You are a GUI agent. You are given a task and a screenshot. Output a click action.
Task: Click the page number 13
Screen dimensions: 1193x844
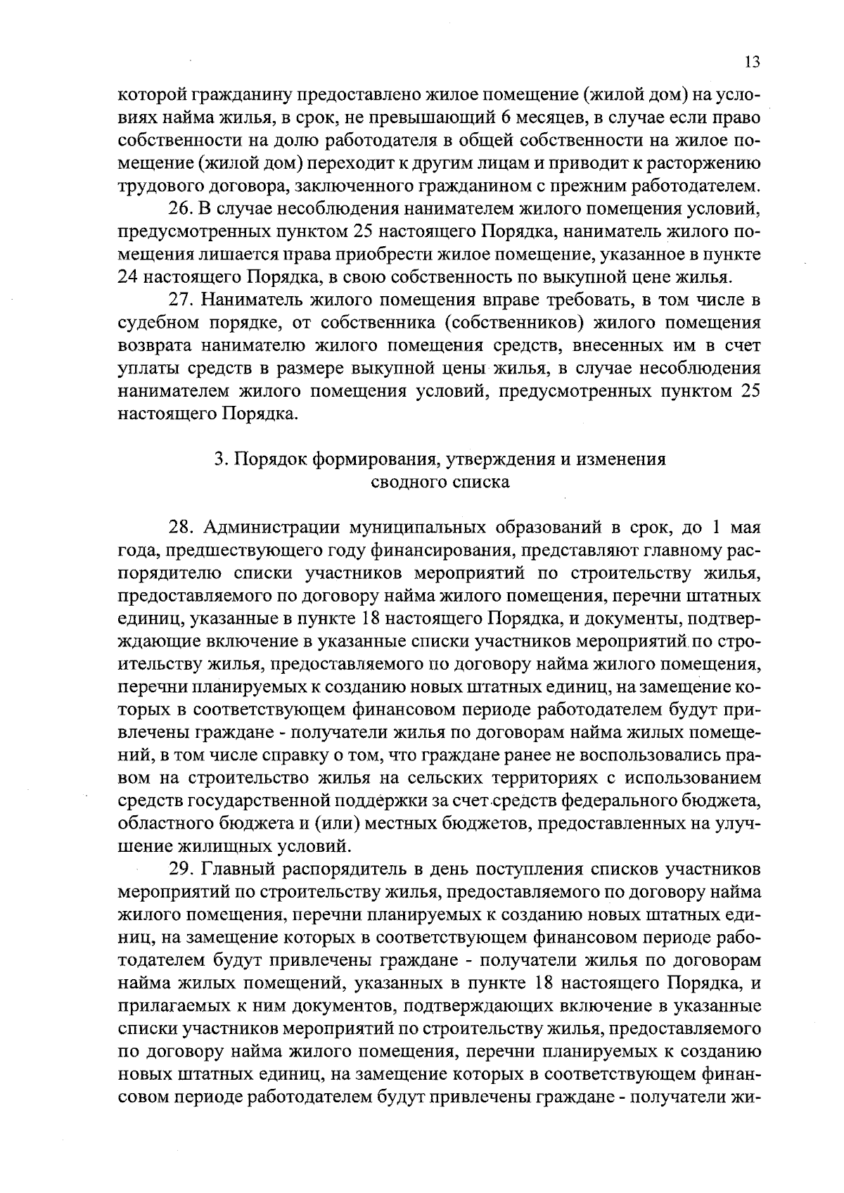pos(752,62)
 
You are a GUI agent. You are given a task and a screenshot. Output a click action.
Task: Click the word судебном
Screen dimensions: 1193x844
pos(157,323)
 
